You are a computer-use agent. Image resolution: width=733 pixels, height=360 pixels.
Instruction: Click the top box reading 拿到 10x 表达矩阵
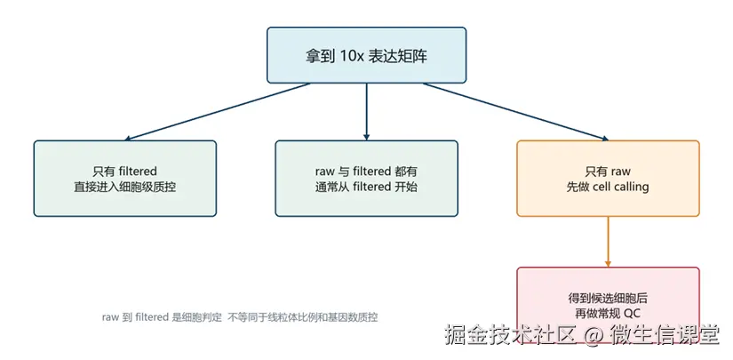(366, 55)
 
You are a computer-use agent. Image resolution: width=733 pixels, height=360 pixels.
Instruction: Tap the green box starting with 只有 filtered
(124, 178)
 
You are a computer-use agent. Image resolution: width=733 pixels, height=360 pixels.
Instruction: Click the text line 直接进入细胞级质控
(124, 187)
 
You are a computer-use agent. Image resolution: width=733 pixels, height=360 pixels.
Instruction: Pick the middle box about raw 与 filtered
(366, 178)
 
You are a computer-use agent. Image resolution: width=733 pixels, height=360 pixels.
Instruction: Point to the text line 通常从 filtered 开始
(366, 187)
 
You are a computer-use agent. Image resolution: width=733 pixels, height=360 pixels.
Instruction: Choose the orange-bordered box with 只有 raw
(608, 178)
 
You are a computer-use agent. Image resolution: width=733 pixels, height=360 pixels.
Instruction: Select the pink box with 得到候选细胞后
(608, 305)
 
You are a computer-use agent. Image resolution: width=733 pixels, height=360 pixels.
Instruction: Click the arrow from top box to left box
(218, 112)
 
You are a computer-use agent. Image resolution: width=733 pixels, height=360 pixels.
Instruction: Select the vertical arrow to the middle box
(366, 112)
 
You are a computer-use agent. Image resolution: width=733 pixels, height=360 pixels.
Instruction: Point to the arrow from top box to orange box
(516, 112)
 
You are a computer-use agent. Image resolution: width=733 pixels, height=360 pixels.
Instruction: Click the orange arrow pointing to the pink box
(608, 242)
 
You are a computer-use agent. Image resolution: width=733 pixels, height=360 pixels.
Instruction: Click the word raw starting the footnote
(110, 318)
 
